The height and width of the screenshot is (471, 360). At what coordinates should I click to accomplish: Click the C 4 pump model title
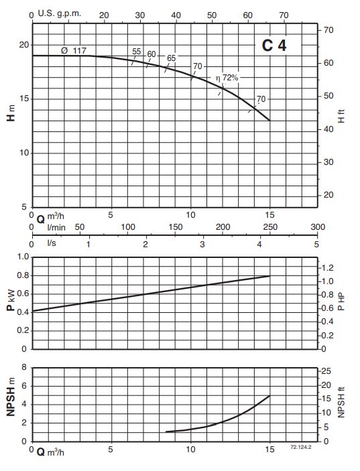click(x=274, y=46)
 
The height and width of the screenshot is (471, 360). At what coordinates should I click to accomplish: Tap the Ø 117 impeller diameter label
click(x=74, y=51)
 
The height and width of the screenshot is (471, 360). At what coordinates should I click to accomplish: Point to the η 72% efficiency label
click(x=227, y=78)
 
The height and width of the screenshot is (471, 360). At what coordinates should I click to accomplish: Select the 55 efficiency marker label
click(x=137, y=52)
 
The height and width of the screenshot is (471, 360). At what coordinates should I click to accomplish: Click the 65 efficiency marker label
click(x=172, y=58)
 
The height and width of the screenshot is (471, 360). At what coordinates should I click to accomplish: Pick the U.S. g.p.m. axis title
click(x=60, y=13)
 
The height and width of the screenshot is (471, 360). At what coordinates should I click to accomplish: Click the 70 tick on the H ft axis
click(x=328, y=30)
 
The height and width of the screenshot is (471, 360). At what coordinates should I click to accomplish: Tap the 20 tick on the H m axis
click(x=24, y=45)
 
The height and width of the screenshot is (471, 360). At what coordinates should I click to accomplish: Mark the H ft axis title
click(x=341, y=116)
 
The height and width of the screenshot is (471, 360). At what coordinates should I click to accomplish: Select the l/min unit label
click(x=56, y=227)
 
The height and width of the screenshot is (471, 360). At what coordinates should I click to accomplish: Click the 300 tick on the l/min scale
click(x=318, y=226)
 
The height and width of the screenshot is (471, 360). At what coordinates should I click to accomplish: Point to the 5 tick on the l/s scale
click(x=316, y=245)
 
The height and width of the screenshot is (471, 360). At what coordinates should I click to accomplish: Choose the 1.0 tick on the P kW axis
click(x=23, y=257)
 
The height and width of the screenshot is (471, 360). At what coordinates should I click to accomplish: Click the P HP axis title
click(x=341, y=301)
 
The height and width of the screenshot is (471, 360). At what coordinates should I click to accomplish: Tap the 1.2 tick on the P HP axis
click(x=328, y=267)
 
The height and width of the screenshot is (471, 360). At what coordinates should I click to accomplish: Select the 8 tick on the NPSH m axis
click(x=24, y=367)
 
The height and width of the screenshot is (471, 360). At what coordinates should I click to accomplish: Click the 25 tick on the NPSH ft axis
click(x=326, y=371)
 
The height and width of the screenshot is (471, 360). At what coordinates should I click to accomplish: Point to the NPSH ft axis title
click(x=341, y=402)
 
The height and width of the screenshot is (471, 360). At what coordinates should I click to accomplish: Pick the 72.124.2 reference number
click(x=301, y=447)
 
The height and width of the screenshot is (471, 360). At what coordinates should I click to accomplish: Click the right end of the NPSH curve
click(x=270, y=396)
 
